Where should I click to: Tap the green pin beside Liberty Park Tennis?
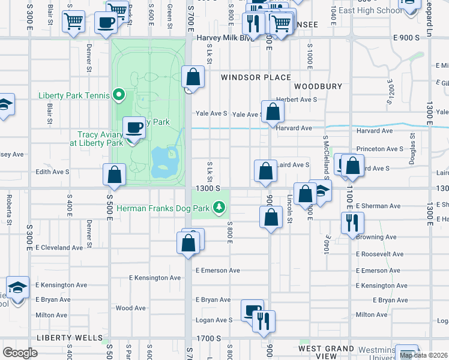(x=119, y=94)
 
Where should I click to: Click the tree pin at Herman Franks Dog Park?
(x=219, y=208)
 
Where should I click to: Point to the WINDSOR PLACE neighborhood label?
(x=256, y=77)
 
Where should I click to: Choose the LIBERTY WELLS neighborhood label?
(x=70, y=338)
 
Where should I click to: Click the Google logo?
(x=20, y=353)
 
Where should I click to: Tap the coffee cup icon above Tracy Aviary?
(x=134, y=128)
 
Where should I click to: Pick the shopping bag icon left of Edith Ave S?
(x=114, y=175)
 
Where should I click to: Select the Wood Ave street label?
(x=131, y=308)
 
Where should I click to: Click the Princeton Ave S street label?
(x=380, y=149)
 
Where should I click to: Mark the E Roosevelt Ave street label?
(x=380, y=254)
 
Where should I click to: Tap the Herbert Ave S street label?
(x=296, y=100)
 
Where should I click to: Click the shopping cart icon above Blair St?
(x=73, y=22)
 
